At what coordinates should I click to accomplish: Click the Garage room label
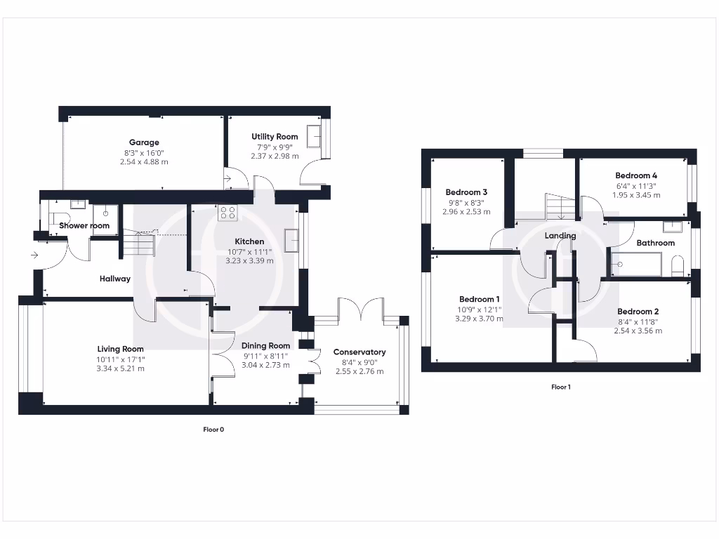pyautogui.click(x=143, y=142)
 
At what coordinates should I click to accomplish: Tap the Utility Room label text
pyautogui.click(x=275, y=137)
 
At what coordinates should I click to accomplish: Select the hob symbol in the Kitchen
pyautogui.click(x=227, y=213)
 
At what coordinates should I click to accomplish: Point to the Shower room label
pyautogui.click(x=84, y=226)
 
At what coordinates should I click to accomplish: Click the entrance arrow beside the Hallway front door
pyautogui.click(x=34, y=255)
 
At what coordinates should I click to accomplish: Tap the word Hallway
pyautogui.click(x=114, y=279)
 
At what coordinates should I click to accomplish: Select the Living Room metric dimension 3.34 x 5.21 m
pyautogui.click(x=121, y=368)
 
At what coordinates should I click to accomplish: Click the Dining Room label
pyautogui.click(x=265, y=345)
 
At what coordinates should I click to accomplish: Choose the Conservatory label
pyautogui.click(x=359, y=352)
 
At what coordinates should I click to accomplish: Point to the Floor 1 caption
pyautogui.click(x=560, y=387)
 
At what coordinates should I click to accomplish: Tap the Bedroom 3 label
pyautogui.click(x=466, y=192)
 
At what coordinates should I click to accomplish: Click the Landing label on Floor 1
pyautogui.click(x=560, y=236)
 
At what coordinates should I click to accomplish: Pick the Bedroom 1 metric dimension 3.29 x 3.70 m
pyautogui.click(x=480, y=318)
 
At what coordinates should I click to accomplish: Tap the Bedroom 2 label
pyautogui.click(x=638, y=312)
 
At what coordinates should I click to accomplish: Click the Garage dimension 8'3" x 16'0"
pyautogui.click(x=143, y=152)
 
